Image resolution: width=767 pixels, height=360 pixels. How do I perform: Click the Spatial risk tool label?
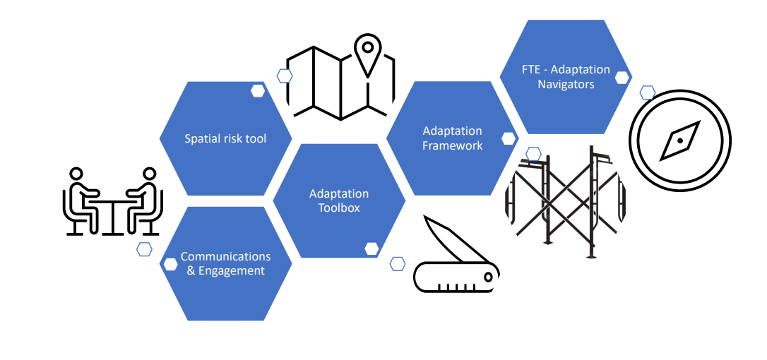click(225, 139)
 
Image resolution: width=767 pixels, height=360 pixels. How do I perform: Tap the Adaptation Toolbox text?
click(339, 200)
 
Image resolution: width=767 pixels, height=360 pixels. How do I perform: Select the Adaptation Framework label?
click(452, 138)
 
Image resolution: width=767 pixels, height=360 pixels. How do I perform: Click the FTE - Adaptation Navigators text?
click(566, 77)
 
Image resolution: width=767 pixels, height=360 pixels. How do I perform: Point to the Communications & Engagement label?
click(225, 263)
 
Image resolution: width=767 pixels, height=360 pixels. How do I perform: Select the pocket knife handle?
click(456, 277)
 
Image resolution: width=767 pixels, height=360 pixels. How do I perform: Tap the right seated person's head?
click(148, 174)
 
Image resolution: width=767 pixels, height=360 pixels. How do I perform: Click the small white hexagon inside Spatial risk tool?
click(258, 90)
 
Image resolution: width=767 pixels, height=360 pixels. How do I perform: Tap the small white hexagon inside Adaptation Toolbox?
click(371, 248)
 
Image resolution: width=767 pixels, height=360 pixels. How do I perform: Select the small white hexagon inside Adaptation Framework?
click(509, 139)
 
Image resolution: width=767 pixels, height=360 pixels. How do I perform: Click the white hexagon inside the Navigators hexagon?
click(622, 77)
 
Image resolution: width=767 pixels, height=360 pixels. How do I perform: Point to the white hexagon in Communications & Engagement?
click(170, 264)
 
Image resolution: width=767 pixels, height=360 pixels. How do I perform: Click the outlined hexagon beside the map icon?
click(285, 76)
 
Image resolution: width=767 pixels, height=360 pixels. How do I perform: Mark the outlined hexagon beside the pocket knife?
click(398, 264)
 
